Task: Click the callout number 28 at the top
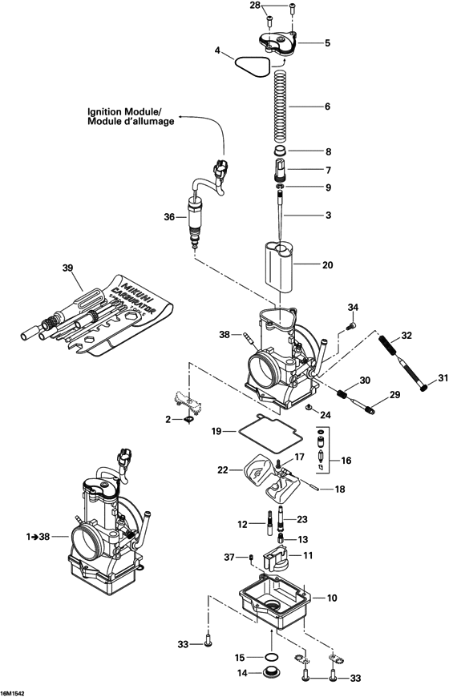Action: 255,6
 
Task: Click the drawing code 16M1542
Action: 13,690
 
